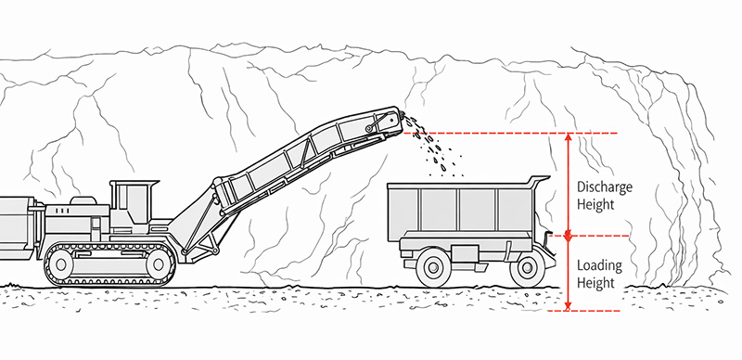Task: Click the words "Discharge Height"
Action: click(x=603, y=194)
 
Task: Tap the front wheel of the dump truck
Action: click(x=526, y=267)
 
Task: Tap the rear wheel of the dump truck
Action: click(x=433, y=267)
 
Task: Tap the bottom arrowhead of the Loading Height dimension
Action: click(x=568, y=305)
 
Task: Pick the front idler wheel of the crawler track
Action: click(x=157, y=264)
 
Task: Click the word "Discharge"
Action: click(x=603, y=186)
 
